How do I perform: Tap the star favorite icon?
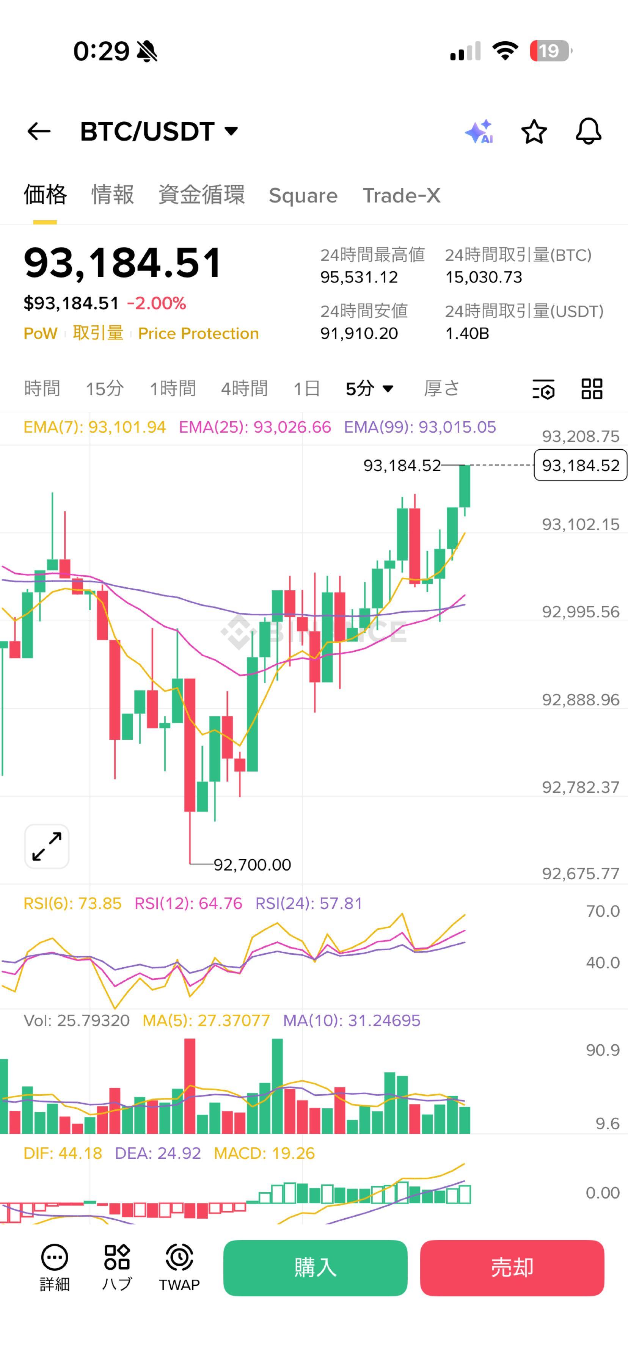pyautogui.click(x=534, y=132)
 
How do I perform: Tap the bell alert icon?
pyautogui.click(x=588, y=132)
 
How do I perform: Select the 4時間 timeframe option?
pyautogui.click(x=244, y=388)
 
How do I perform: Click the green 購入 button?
pyautogui.click(x=315, y=1268)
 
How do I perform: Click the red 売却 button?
pyautogui.click(x=512, y=1268)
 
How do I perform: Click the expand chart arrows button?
pyautogui.click(x=47, y=846)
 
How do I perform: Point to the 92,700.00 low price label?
pyautogui.click(x=252, y=865)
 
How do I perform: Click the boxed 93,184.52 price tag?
pyautogui.click(x=580, y=465)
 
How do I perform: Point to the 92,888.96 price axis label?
pyautogui.click(x=580, y=700)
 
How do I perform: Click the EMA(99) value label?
pyautogui.click(x=420, y=427)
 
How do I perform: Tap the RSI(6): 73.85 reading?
pyautogui.click(x=72, y=903)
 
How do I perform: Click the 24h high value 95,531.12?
pyautogui.click(x=359, y=277)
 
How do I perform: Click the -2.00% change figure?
pyautogui.click(x=156, y=303)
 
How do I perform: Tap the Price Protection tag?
pyautogui.click(x=198, y=333)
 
